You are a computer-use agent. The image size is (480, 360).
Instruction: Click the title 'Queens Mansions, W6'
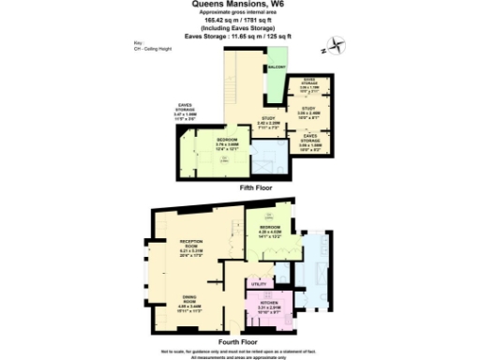(x=240, y=5)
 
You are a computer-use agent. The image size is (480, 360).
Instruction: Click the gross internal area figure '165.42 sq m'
(x=240, y=23)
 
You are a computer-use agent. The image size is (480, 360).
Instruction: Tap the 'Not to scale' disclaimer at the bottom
(x=240, y=349)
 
